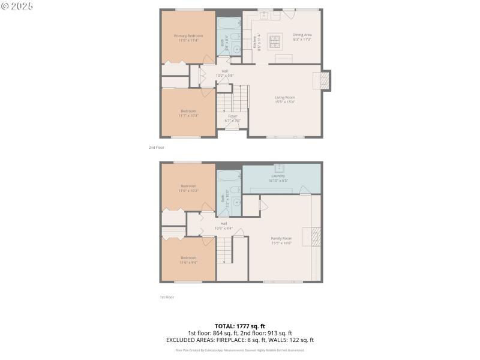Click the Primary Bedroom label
tap(188, 36)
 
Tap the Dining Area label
tap(302, 35)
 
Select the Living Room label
tap(285, 97)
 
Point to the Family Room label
tap(281, 238)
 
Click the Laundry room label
tap(278, 176)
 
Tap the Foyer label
tap(233, 116)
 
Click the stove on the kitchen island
tap(275, 41)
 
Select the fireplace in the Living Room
tap(324, 81)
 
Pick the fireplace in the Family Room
tap(309, 237)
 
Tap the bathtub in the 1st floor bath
tap(228, 177)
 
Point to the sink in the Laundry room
tap(279, 167)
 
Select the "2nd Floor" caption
tap(157, 147)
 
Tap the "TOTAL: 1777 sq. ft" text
tap(240, 326)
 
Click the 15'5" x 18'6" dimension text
tap(281, 243)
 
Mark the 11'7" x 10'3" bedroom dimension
tap(188, 115)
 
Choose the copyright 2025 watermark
tap(17, 5)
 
